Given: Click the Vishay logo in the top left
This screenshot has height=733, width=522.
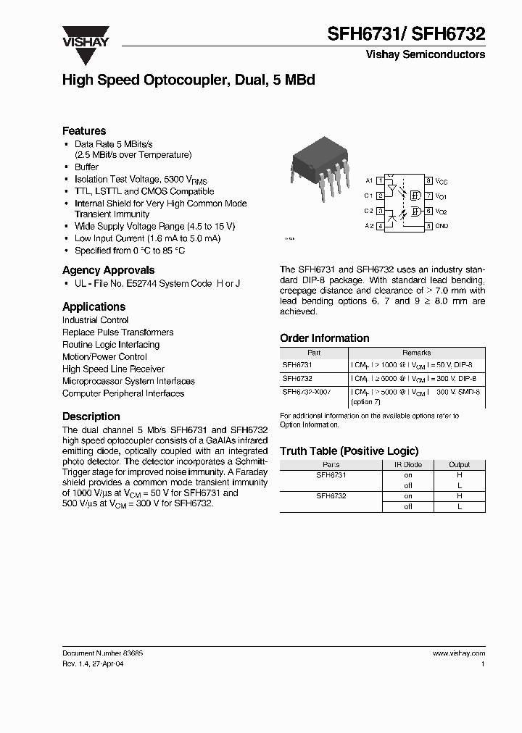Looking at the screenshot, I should pos(85,36).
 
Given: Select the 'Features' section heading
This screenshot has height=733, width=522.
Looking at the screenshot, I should pos(84,131).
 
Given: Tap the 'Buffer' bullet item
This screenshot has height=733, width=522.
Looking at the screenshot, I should pos(86,167).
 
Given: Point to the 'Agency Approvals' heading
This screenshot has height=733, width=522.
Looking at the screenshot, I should pos(108,270).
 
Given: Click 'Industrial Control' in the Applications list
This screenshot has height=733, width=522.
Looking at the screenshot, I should pos(95,320).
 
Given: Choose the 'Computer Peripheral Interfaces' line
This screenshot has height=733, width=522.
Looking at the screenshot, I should pos(123,393).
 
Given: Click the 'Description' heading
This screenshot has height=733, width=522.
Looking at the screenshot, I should pos(91,416).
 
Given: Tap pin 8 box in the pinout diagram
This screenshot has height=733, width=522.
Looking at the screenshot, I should pos(428,180).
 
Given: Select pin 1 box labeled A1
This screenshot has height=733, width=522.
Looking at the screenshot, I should pos(380,180).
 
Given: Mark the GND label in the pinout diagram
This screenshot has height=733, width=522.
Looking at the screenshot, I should pos(442,226).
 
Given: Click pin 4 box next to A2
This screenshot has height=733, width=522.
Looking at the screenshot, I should pos(380,226).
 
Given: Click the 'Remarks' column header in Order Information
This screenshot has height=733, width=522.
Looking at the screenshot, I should pos(416,353).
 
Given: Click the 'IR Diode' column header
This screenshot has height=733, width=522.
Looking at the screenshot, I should pos(407,464).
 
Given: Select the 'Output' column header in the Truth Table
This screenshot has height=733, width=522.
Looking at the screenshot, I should pos(459,464).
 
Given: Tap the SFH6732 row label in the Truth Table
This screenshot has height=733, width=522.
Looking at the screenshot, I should pos(331,496).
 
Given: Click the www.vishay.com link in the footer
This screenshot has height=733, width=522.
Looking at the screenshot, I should pos(458,653).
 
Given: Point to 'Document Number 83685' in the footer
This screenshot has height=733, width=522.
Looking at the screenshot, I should pos(102,653).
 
